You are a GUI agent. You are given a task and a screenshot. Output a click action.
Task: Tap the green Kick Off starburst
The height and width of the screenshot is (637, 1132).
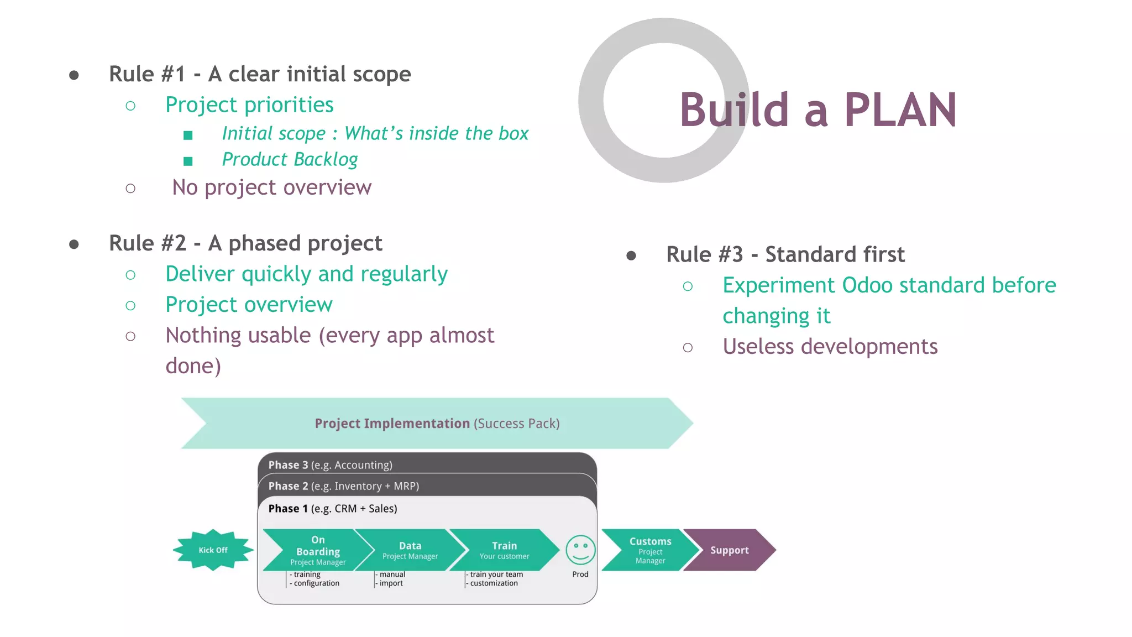coord(213,550)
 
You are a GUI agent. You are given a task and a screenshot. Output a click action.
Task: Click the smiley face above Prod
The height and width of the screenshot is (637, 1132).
coord(580,550)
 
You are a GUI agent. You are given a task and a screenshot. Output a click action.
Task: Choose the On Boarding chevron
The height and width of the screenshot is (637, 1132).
coord(317,550)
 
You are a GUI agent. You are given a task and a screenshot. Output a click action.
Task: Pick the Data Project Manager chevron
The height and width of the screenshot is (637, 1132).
coord(410,550)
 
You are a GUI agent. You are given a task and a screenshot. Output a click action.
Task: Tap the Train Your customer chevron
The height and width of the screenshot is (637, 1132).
coord(504,550)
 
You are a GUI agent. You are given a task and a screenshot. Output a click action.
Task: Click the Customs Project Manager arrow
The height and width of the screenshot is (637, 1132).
coord(650,550)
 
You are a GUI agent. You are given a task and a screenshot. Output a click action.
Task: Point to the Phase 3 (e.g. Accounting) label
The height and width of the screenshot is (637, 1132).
coord(330,465)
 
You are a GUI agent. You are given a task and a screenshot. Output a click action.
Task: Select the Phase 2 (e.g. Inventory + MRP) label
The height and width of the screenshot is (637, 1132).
coord(343,486)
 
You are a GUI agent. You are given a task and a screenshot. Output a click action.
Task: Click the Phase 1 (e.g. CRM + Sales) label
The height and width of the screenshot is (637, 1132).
coord(332,509)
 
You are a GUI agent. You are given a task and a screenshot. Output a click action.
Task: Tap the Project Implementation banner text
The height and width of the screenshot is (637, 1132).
coord(437,424)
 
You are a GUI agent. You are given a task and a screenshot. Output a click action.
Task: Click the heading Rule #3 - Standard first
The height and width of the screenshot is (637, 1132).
coord(785,254)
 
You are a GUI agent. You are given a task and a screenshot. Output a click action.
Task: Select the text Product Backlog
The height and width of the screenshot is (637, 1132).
coord(290,160)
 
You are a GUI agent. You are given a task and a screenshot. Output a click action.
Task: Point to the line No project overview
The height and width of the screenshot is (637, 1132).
coord(271,187)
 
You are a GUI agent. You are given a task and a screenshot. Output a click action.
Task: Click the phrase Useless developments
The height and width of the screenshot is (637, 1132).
coord(830,347)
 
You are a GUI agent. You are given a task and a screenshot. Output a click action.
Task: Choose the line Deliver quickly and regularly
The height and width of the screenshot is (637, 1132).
coord(306,274)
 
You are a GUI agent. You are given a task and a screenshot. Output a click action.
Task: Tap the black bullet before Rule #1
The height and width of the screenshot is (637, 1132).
coord(74,75)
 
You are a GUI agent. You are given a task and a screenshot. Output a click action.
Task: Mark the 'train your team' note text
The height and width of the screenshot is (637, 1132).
coord(496,575)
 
